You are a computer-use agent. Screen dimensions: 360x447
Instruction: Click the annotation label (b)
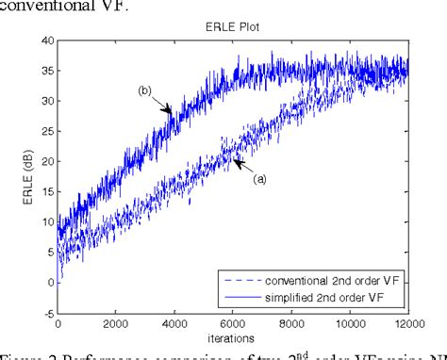[x=144, y=90]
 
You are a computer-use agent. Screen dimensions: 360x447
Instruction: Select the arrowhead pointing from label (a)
[x=237, y=163]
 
